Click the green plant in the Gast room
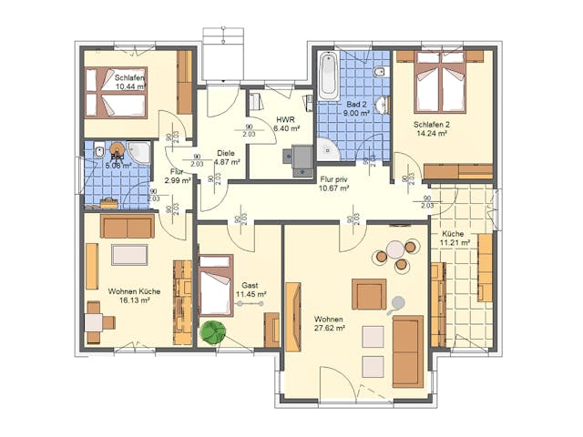[x=213, y=332]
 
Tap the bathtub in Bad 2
[x=328, y=76]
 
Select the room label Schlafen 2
[x=432, y=124]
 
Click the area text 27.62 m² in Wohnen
[x=329, y=329]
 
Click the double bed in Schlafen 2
[x=441, y=83]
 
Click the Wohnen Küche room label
[x=134, y=291]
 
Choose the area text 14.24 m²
[x=431, y=134]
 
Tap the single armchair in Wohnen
[x=369, y=294]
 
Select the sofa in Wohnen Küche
[x=128, y=226]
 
